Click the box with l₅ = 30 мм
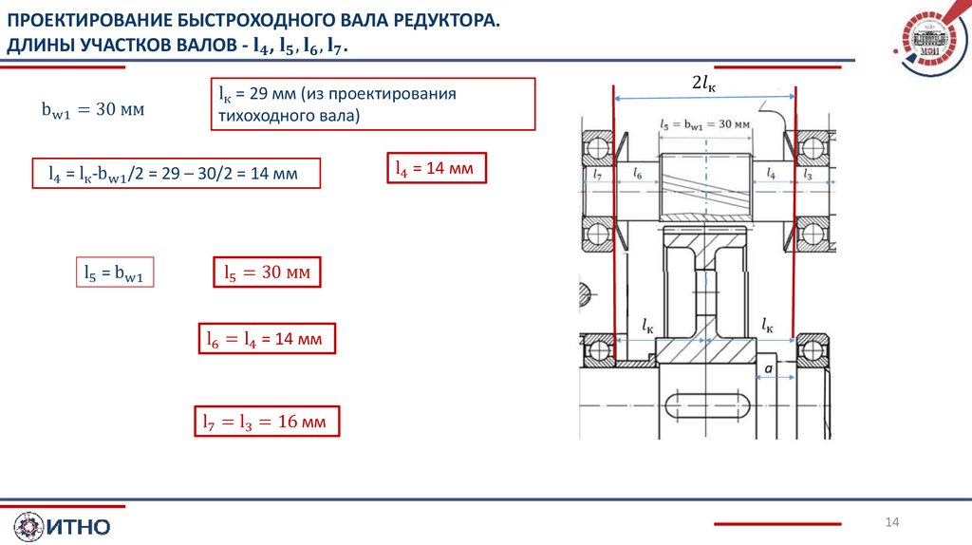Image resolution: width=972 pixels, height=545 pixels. pos(267,273)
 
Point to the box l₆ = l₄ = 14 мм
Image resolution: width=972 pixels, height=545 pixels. pos(266,339)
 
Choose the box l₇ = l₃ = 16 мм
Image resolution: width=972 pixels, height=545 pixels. pos(266,422)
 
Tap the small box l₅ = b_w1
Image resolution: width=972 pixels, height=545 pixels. pos(114,273)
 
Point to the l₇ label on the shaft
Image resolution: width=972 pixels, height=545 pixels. pos(598,175)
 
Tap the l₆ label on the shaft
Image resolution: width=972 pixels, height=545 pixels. pos(636,175)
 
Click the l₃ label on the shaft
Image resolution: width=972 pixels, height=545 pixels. pos(808,175)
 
